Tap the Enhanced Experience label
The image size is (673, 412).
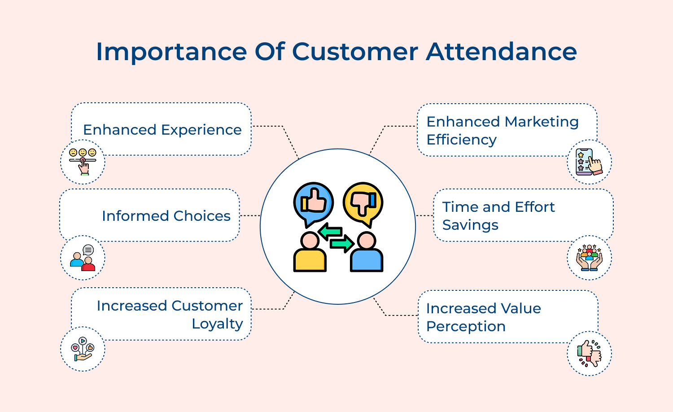162,130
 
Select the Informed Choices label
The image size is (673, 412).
166,216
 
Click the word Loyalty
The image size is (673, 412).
217,324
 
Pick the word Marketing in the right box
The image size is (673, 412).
541,122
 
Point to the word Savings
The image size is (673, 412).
470,225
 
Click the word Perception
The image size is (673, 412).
466,326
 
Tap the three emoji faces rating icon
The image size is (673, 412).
83,162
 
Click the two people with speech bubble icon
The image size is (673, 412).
83,258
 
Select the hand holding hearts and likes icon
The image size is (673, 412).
83,349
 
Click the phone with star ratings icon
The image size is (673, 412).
589,162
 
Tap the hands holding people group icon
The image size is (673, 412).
589,258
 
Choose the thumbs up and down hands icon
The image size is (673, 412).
589,354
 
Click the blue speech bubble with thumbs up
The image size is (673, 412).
313,202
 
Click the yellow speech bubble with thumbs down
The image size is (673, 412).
363,202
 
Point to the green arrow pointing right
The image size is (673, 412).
342,244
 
